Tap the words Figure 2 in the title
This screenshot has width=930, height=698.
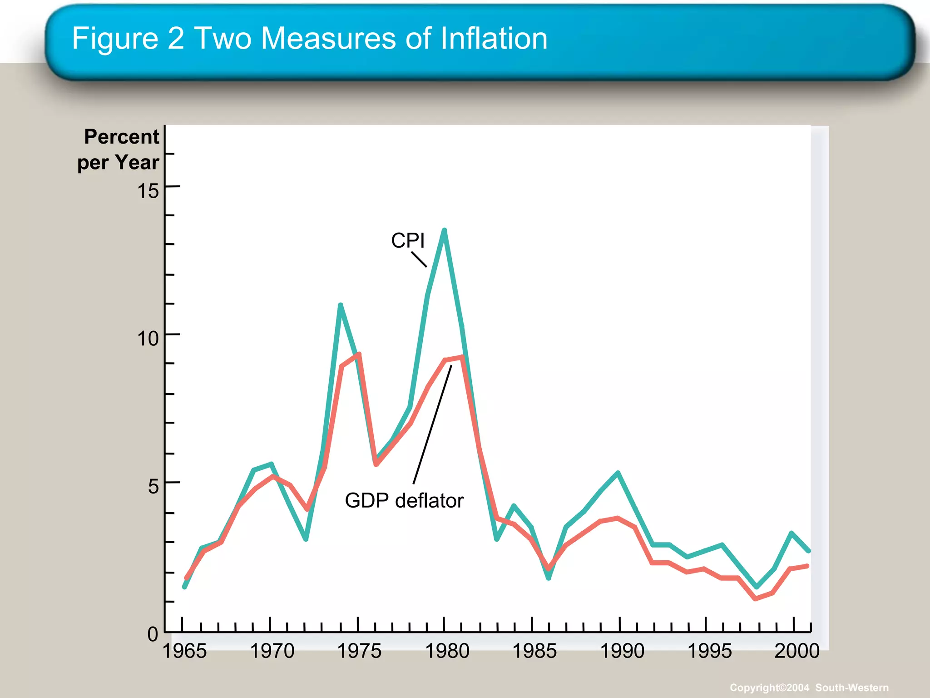[x=128, y=38]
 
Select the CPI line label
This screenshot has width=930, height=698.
[x=407, y=240]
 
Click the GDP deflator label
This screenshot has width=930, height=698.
[x=404, y=501]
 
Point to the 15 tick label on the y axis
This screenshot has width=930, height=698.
[x=148, y=191]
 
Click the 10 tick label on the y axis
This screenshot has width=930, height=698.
[x=148, y=339]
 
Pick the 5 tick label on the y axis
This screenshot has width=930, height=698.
[x=153, y=487]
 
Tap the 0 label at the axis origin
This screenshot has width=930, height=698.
[x=153, y=634]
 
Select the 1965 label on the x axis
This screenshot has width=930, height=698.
[x=184, y=651]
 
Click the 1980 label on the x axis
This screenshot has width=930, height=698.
[x=447, y=651]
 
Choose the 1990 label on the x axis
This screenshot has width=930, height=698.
[x=622, y=651]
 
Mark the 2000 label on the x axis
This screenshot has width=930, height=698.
[x=796, y=651]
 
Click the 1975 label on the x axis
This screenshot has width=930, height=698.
[x=359, y=651]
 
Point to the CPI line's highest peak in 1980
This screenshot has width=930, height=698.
[x=445, y=230]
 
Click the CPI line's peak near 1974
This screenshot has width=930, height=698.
[x=340, y=305]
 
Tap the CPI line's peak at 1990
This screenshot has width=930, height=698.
[x=618, y=473]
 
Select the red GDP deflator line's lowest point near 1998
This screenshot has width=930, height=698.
[x=755, y=599]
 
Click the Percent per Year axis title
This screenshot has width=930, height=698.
[x=119, y=149]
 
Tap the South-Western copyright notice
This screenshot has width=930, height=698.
[x=809, y=688]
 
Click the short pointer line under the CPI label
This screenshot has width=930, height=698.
[x=419, y=259]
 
